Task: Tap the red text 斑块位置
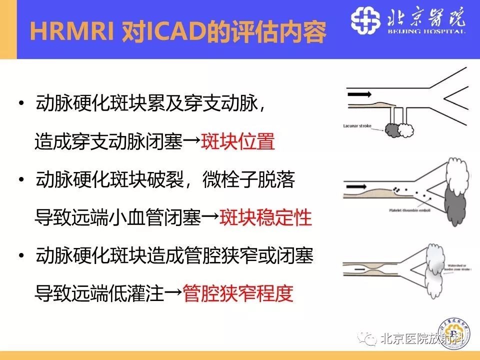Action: (x=237, y=142)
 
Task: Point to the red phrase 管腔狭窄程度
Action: (x=237, y=292)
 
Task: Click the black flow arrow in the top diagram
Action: (x=359, y=93)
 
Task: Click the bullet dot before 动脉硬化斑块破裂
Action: (x=21, y=179)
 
